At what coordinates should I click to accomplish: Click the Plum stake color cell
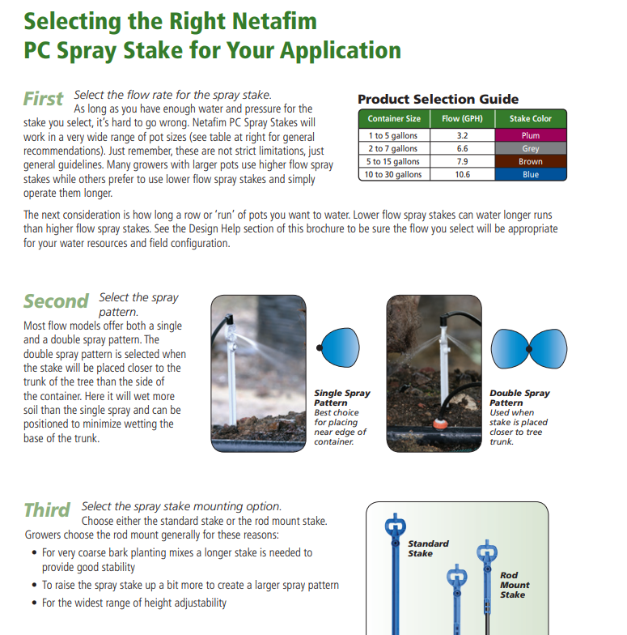531,135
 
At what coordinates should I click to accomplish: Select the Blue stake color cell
531,174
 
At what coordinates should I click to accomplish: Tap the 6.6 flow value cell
463,148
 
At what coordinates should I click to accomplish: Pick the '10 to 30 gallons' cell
393,174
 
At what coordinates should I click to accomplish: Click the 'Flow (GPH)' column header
463,118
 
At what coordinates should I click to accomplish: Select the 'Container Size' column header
394,118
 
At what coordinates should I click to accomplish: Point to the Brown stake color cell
531,161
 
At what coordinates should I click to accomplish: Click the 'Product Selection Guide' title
438,99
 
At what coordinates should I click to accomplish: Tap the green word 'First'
44,99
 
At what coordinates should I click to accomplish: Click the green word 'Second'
56,301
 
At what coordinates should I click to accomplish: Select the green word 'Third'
47,510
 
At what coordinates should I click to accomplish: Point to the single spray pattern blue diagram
338,347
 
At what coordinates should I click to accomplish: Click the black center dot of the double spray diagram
529,348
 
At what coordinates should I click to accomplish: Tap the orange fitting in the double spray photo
439,424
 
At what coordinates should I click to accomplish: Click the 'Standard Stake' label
428,548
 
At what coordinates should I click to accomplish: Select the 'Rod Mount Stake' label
515,585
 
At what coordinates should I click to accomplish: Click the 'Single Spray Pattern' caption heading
342,398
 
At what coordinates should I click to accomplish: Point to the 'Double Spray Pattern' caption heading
519,398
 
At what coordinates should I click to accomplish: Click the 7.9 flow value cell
463,161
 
